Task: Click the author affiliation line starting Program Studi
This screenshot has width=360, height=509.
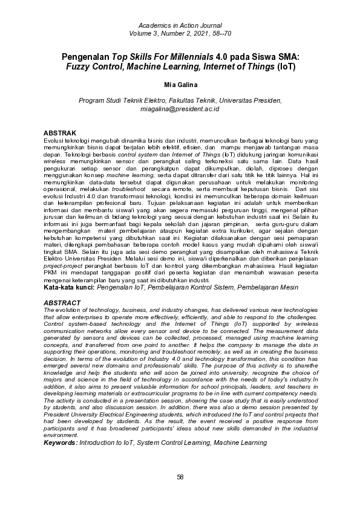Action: [180, 100]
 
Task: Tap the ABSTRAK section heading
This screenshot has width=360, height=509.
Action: [60, 132]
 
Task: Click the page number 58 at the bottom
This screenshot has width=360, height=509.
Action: [180, 477]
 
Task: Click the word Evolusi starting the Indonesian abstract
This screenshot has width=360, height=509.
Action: [54, 139]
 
